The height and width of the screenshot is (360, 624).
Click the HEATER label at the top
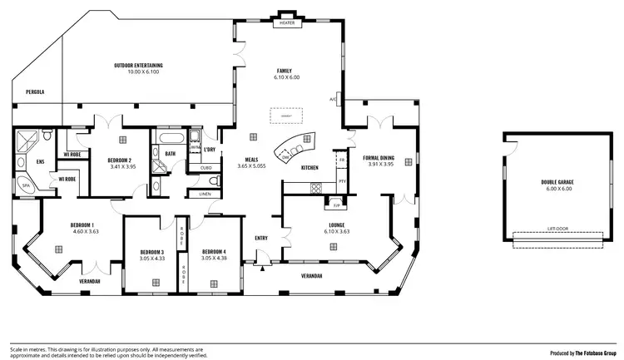tap(287, 23)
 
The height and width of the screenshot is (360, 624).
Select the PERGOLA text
tap(34, 91)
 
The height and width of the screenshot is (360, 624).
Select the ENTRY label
tap(262, 239)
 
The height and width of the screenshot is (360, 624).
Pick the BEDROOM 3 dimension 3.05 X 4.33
tap(151, 258)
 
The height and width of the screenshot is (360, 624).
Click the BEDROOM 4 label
tap(214, 251)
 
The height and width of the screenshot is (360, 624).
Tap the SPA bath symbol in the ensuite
tap(26, 185)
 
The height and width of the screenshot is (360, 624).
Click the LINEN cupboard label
tap(205, 194)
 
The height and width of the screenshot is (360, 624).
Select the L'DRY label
tap(209, 150)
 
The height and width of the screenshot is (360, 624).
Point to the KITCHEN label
tap(310, 168)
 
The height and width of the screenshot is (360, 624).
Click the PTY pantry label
tap(341, 180)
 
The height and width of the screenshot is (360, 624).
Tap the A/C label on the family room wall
tap(332, 99)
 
